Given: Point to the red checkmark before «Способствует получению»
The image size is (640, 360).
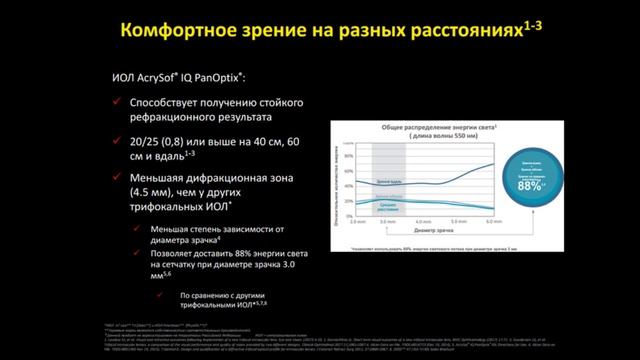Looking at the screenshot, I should [120, 103].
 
